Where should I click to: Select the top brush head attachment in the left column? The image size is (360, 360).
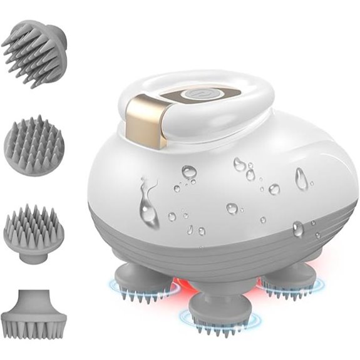point(36,51)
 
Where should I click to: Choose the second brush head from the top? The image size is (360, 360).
point(34,145)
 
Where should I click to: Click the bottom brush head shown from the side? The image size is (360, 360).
point(34,313)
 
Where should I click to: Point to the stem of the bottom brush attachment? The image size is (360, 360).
point(34,299)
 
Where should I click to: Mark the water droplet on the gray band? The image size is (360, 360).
point(299,230)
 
